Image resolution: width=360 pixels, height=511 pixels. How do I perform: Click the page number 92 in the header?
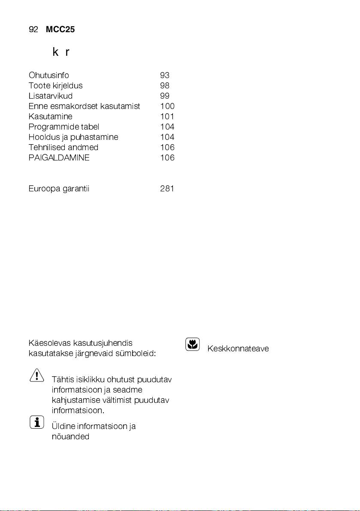point(33,29)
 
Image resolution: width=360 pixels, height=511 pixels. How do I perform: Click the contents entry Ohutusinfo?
point(49,76)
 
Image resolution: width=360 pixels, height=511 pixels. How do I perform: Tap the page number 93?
point(164,76)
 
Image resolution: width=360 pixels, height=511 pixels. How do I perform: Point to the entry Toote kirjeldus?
point(56,86)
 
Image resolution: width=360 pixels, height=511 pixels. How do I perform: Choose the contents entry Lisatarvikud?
point(51,96)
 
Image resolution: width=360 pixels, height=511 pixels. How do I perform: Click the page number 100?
point(167,106)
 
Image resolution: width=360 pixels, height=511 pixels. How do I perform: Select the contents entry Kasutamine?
point(51,117)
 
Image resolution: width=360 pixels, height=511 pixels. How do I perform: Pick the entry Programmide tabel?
point(64,127)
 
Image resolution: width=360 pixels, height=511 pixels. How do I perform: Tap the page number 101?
point(167,117)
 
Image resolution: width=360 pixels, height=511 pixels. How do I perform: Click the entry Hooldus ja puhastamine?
point(73,137)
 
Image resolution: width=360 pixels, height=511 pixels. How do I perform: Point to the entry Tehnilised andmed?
point(64,148)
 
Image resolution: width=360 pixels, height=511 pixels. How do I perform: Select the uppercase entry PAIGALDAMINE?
point(59,158)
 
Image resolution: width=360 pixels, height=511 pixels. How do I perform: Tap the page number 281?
point(167,189)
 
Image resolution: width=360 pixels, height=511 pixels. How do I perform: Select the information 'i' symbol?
point(37,423)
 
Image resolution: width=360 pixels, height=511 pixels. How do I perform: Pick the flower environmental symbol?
point(193,344)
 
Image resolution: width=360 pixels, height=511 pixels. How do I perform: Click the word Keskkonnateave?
point(238,349)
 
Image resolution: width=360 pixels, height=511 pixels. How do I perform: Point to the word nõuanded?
point(70,437)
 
